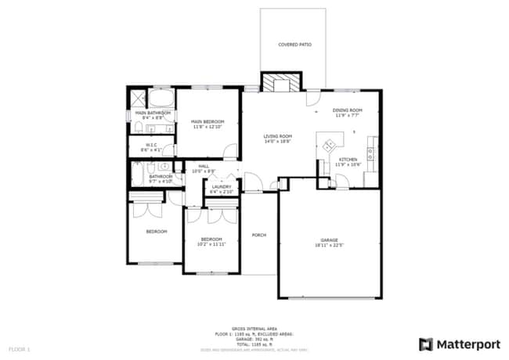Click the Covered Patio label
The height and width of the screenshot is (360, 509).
[294, 45]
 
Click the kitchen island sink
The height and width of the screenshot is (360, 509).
[330, 144]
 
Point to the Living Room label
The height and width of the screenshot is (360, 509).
[277, 136]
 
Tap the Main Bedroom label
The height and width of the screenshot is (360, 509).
[208, 121]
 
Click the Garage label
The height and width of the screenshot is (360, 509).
[329, 239]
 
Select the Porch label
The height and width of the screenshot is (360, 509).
[258, 235]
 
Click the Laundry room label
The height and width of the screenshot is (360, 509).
[222, 186]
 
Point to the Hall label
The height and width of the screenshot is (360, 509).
[204, 166]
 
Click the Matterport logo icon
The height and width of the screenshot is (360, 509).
[426, 344]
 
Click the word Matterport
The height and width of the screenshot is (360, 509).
[467, 344]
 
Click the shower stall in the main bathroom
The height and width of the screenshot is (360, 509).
[138, 99]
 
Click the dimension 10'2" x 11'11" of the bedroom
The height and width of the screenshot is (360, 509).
[211, 244]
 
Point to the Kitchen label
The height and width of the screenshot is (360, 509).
[348, 160]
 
